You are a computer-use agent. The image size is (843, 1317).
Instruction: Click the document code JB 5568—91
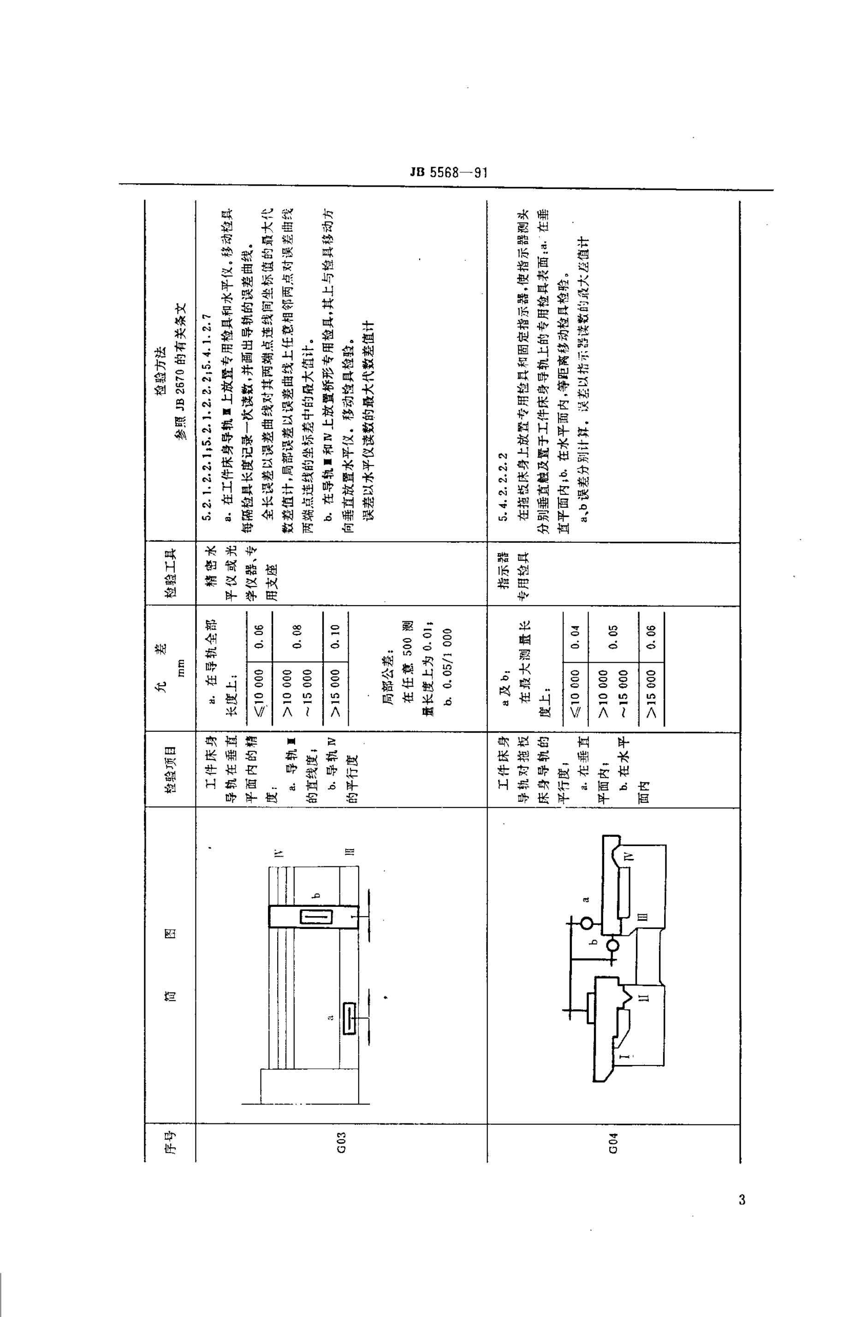(448, 173)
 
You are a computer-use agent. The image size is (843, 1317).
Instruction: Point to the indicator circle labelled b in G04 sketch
(612, 945)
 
